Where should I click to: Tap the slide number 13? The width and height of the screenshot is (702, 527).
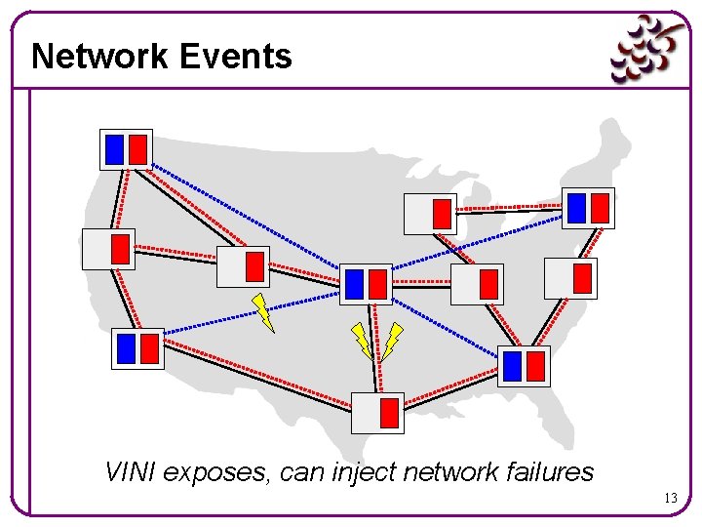pyautogui.click(x=670, y=499)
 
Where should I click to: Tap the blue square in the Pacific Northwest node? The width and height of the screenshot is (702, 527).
pyautogui.click(x=115, y=149)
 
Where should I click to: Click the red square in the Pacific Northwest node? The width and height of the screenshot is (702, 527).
pyautogui.click(x=138, y=149)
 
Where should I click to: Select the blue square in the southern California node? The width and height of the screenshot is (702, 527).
pyautogui.click(x=126, y=348)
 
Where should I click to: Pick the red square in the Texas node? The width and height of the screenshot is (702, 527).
pyautogui.click(x=389, y=413)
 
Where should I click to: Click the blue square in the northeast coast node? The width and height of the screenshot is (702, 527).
pyautogui.click(x=576, y=208)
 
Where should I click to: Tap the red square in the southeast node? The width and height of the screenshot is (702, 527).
pyautogui.click(x=535, y=366)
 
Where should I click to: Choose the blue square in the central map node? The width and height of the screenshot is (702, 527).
pyautogui.click(x=354, y=284)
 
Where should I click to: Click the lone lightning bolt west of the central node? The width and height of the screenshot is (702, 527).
pyautogui.click(x=263, y=311)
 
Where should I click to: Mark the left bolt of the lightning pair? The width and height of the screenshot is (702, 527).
pyautogui.click(x=362, y=340)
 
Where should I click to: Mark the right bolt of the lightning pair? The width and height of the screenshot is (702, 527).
pyautogui.click(x=392, y=340)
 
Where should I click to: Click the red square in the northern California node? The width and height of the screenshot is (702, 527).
pyautogui.click(x=120, y=249)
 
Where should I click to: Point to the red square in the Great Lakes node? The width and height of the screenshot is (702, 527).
pyautogui.click(x=443, y=213)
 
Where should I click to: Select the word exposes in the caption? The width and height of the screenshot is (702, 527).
pyautogui.click(x=216, y=472)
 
